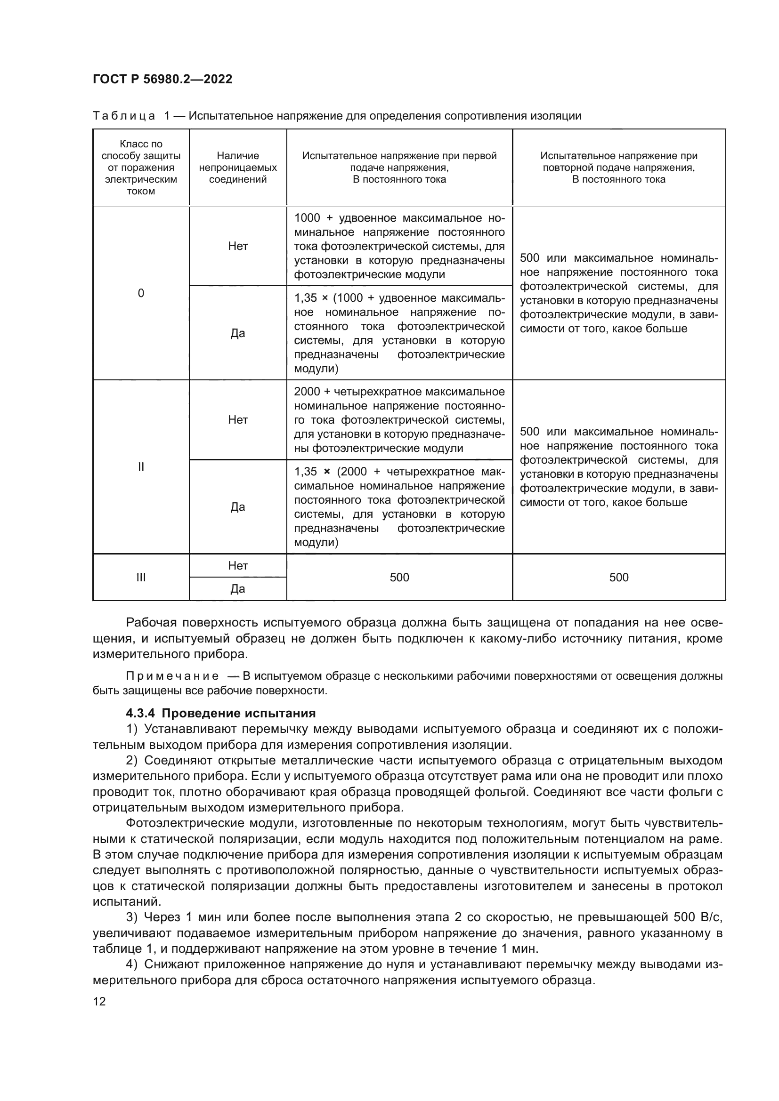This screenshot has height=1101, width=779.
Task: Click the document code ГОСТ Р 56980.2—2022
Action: point(162,79)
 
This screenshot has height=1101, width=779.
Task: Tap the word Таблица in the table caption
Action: point(124,116)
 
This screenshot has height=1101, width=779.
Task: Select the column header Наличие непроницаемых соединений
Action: point(237,168)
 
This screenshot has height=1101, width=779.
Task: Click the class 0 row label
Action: point(140,293)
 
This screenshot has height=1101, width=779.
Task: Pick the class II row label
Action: point(140,466)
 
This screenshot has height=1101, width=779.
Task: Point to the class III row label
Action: point(140,578)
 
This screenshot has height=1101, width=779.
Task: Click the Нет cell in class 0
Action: point(237,246)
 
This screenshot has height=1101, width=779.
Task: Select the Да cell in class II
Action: point(237,507)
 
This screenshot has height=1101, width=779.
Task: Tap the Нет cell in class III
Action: point(237,566)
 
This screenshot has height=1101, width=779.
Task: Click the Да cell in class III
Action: point(237,589)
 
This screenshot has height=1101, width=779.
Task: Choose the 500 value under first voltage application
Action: point(399,578)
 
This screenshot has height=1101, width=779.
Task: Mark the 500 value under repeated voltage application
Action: point(618,578)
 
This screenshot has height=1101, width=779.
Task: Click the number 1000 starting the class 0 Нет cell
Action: point(307,218)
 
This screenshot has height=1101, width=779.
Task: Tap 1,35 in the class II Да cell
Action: point(306,472)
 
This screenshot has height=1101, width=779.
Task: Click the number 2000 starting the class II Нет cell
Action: point(307,392)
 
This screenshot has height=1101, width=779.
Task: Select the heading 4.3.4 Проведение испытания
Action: point(220,713)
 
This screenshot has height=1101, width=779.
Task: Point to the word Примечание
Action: point(172,676)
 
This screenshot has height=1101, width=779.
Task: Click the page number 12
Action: point(99,1001)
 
